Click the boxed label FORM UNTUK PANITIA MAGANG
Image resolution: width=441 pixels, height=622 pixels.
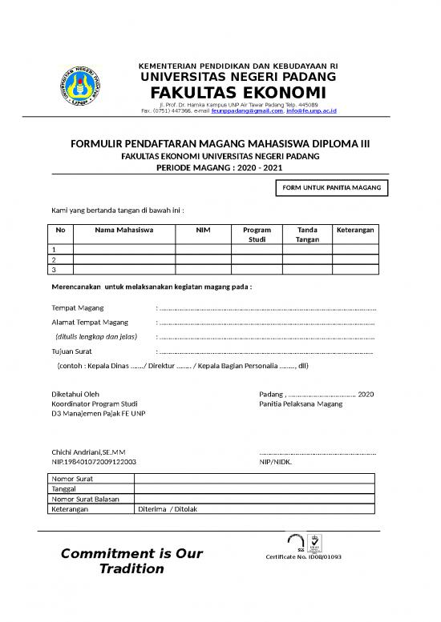[331, 189]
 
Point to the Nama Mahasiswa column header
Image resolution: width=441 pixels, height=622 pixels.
[124, 229]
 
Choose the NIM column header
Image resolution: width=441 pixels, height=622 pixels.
[204, 229]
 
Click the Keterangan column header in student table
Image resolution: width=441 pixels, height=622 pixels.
[357, 229]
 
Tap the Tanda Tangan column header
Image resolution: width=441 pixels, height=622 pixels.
[307, 234]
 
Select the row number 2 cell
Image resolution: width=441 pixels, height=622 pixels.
[54, 260]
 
